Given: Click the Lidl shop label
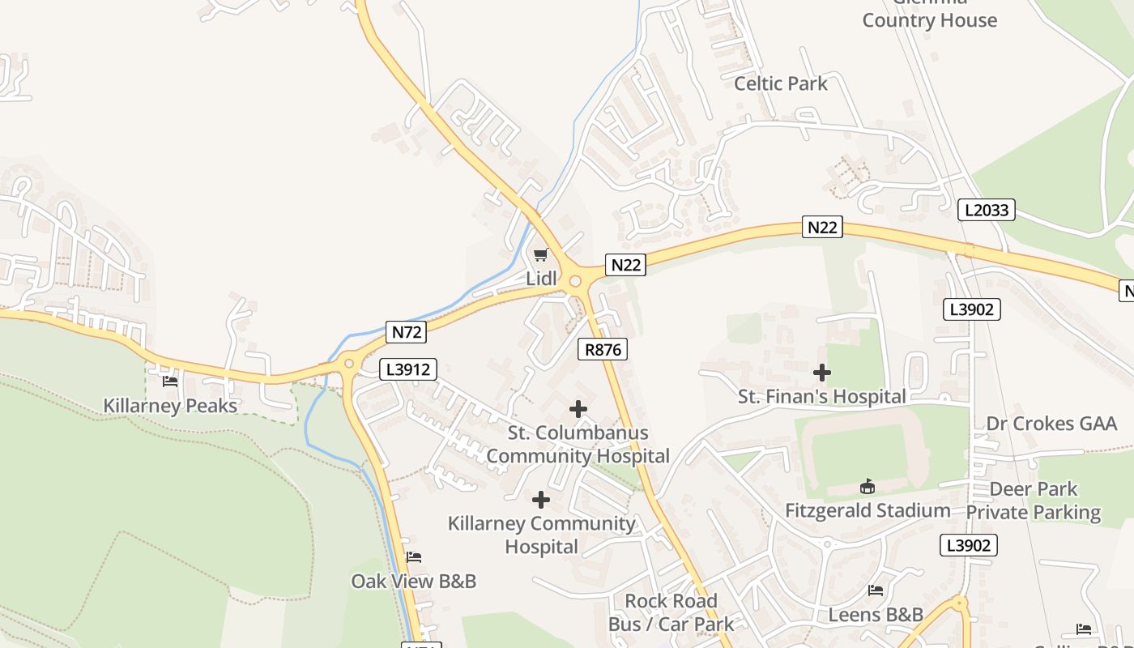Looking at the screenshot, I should (542, 278).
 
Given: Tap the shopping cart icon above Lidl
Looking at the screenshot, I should (540, 255).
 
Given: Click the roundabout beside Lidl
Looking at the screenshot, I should (575, 281).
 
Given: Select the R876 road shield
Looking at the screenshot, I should (603, 349).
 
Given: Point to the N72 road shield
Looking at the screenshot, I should (407, 331).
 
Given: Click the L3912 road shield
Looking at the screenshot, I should (408, 369).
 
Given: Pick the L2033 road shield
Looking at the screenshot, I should (986, 210).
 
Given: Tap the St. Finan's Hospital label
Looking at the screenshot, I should (821, 396).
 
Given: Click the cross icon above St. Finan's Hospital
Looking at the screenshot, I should (822, 373).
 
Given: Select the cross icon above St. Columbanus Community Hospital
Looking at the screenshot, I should (578, 409).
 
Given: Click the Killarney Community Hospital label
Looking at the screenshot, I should (542, 535).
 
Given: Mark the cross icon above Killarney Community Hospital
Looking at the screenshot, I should (541, 500).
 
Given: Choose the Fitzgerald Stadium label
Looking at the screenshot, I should (868, 510).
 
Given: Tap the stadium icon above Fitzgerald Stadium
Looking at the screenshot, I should (868, 486).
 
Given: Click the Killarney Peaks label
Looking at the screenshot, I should (170, 405).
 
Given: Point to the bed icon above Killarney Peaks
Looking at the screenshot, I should (170, 381).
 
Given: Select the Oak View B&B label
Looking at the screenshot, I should (413, 581).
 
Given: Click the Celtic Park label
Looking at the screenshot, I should (781, 83).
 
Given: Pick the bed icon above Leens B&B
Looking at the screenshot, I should (876, 590).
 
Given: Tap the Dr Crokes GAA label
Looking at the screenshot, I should (1051, 424).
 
